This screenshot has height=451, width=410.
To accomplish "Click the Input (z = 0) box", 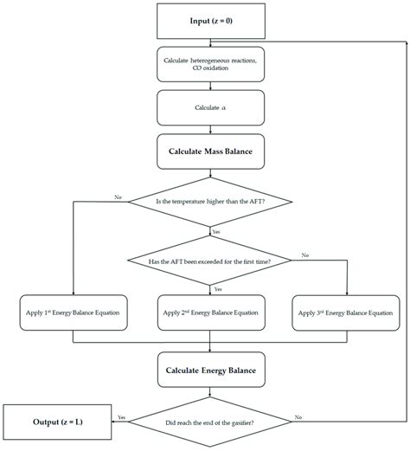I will (210, 20).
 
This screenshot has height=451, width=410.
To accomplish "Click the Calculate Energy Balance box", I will (210, 370).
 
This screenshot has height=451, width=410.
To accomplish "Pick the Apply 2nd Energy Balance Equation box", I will (210, 312).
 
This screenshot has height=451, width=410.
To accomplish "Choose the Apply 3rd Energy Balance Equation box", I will (346, 312).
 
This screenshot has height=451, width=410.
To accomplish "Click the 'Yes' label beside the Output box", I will (120, 416).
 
